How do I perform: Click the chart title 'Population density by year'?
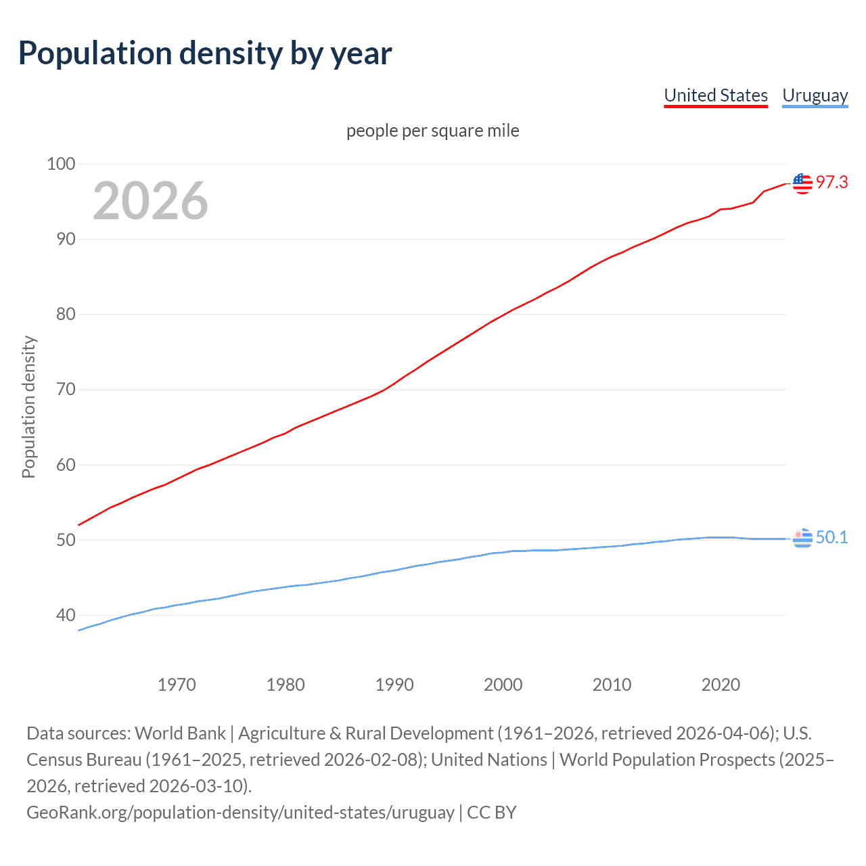(205, 53)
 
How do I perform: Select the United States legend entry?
(716, 95)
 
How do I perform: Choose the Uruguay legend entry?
(815, 95)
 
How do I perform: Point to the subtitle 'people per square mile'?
(433, 131)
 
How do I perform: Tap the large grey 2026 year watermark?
(150, 201)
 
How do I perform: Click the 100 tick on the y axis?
(61, 164)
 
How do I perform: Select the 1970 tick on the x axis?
(177, 685)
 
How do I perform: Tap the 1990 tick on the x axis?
(394, 685)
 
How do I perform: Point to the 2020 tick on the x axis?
(721, 685)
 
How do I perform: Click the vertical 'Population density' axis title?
(28, 407)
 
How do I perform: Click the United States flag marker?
(802, 183)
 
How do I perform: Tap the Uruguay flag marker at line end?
(802, 538)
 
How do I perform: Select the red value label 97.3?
(831, 182)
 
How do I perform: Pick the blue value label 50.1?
(831, 537)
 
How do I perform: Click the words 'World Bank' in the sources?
(181, 733)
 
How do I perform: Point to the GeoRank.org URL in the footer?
(240, 813)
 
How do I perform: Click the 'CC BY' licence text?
(492, 813)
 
